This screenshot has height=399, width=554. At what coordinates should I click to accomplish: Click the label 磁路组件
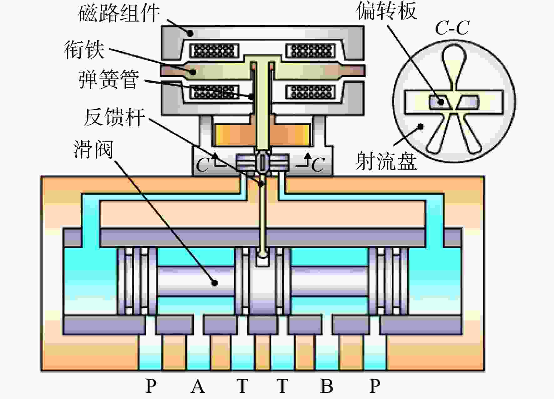119,13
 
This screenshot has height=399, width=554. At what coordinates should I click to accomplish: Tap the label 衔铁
84,50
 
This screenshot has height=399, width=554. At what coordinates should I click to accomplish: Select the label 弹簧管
109,79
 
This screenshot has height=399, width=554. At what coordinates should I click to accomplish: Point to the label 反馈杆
114,117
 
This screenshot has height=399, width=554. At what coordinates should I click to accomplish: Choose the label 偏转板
386,11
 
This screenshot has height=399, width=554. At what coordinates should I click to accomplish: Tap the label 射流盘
386,161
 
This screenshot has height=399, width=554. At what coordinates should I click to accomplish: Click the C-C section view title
452,28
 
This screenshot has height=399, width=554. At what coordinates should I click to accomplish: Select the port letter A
198,386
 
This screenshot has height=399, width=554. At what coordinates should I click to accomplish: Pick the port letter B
327,386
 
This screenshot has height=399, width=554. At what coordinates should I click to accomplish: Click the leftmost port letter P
151,386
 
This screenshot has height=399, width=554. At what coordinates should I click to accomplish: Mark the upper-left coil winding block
214,50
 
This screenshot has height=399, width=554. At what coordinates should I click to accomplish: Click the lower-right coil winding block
310,92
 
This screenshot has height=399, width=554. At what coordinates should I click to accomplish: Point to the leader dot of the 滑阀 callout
214,283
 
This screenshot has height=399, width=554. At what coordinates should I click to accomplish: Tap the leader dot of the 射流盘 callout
421,127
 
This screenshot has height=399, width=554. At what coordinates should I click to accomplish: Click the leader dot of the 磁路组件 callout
190,33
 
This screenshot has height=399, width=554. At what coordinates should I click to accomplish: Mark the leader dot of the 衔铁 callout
193,72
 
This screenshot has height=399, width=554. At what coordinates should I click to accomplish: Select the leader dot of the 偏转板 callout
441,102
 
